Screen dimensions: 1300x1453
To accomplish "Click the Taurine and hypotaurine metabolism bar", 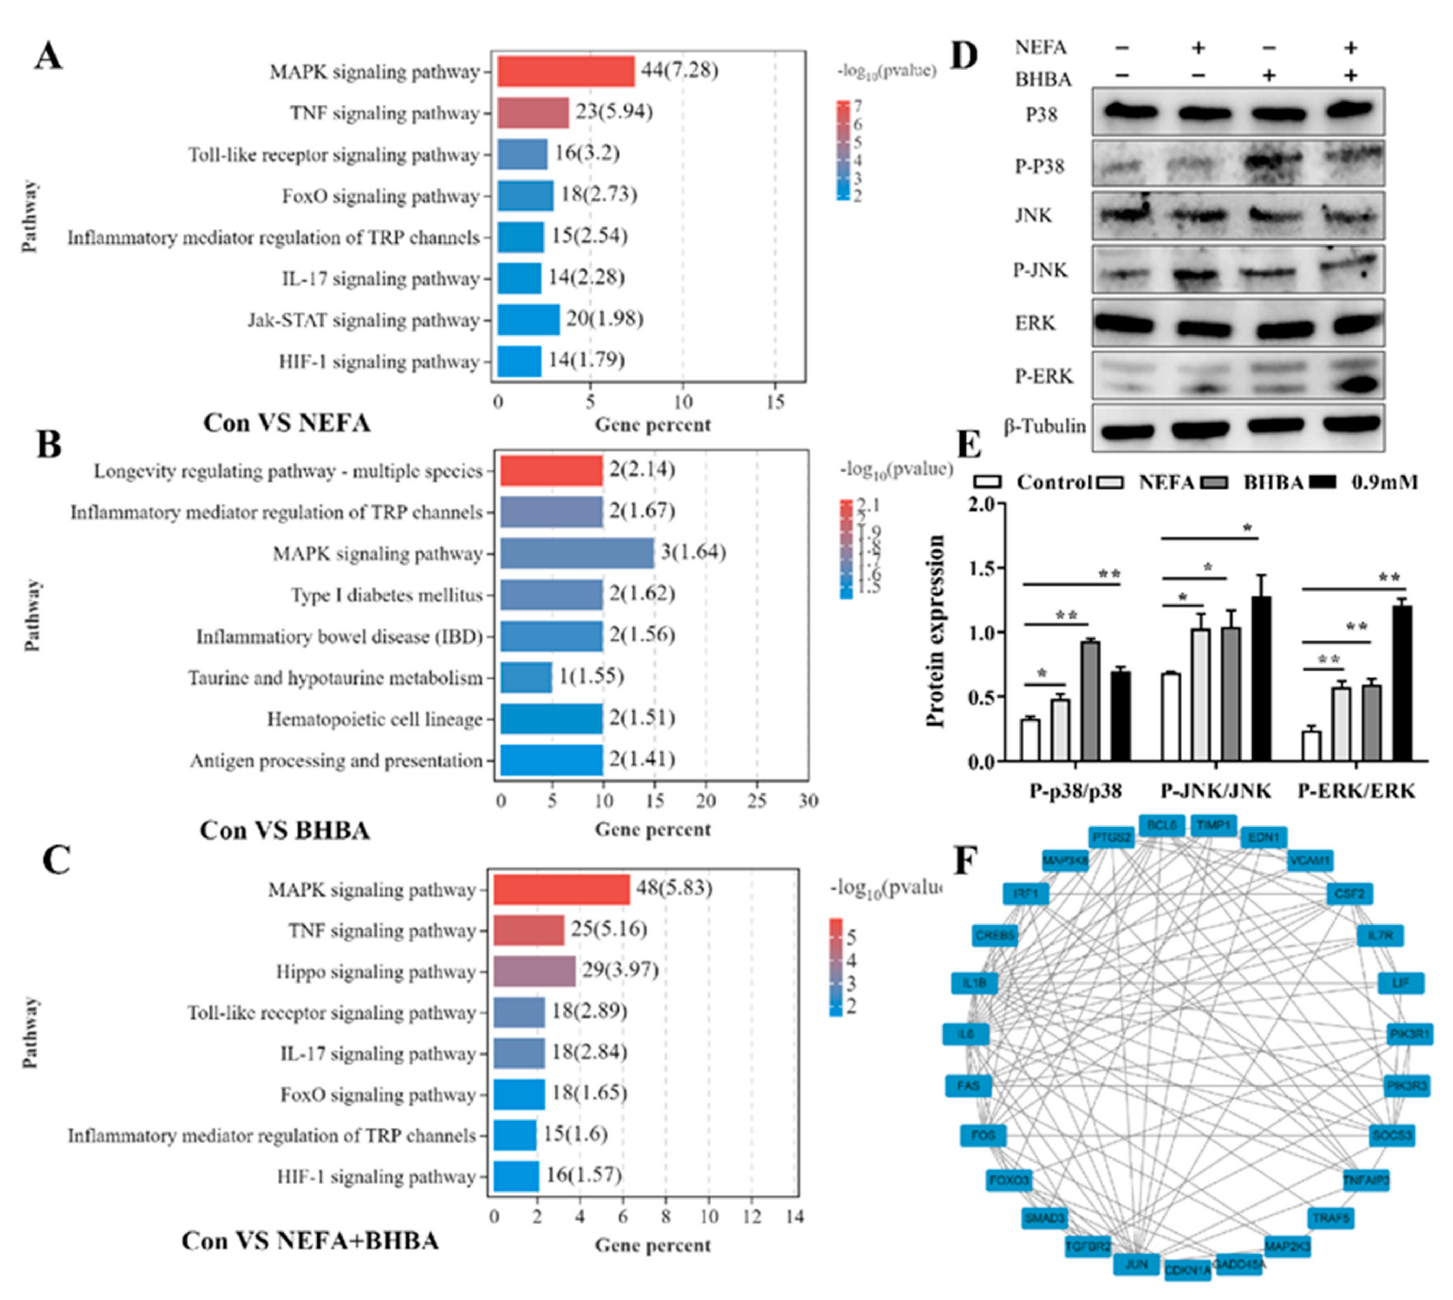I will coord(526,677).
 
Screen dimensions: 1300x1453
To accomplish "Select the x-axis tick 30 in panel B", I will coord(808,801).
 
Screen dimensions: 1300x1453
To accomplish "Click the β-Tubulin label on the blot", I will coord(1044,426).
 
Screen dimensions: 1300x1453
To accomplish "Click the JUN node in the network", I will coord(1136,1264).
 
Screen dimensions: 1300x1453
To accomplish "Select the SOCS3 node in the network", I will coord(1392,1135).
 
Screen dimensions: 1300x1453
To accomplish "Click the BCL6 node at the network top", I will coord(1161,825).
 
